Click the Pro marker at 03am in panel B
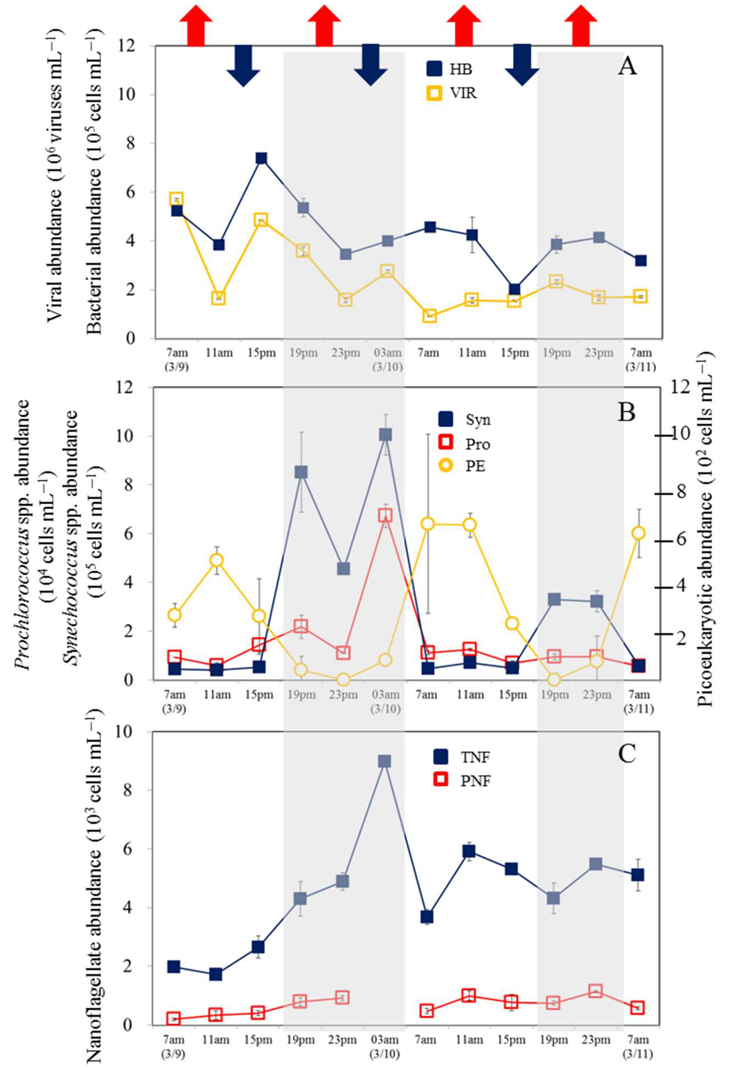386,515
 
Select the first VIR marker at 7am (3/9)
176,199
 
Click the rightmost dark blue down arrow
522,65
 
